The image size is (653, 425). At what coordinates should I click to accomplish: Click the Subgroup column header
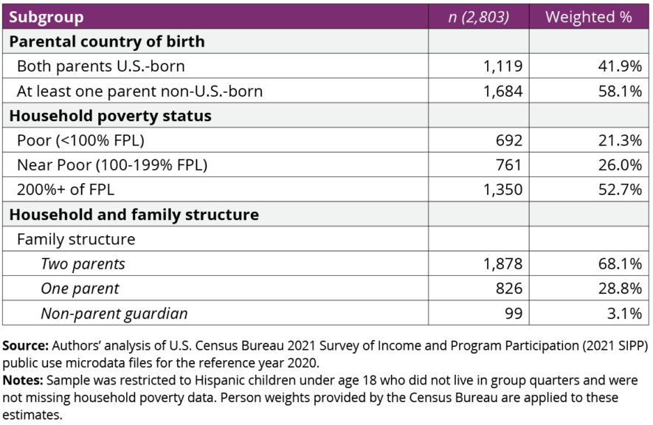pyautogui.click(x=46, y=17)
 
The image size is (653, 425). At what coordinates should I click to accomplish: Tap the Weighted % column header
pyautogui.click(x=588, y=17)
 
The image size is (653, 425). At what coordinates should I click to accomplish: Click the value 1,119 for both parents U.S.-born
pyautogui.click(x=502, y=66)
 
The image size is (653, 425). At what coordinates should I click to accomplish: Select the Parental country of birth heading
pyautogui.click(x=106, y=42)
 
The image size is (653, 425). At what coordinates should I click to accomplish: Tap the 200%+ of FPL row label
pyautogui.click(x=65, y=190)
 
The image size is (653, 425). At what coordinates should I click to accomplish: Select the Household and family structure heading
pyautogui.click(x=134, y=215)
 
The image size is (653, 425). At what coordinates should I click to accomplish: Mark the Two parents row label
pyautogui.click(x=83, y=263)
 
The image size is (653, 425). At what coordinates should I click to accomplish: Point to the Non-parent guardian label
pyautogui.click(x=114, y=313)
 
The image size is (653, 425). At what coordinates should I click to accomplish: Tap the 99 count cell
pyautogui.click(x=514, y=313)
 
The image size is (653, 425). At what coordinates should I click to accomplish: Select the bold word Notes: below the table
pyautogui.click(x=22, y=381)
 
